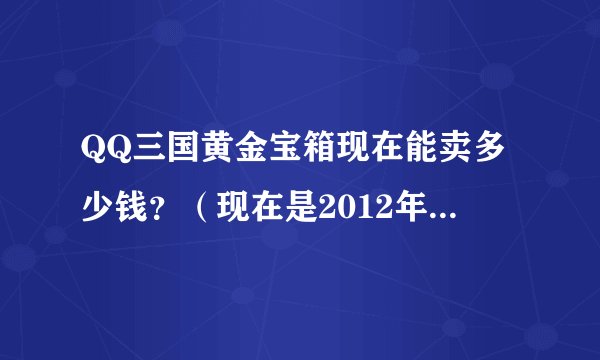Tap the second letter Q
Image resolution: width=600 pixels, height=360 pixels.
(x=114, y=156)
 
